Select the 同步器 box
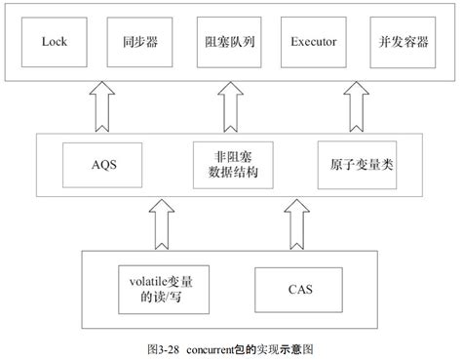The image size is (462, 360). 136,42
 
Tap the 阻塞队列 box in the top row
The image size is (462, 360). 229,42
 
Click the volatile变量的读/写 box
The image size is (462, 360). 161,290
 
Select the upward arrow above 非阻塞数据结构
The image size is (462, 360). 229,104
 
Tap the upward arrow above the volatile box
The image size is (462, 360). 161,225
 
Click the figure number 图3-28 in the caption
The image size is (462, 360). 159,347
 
